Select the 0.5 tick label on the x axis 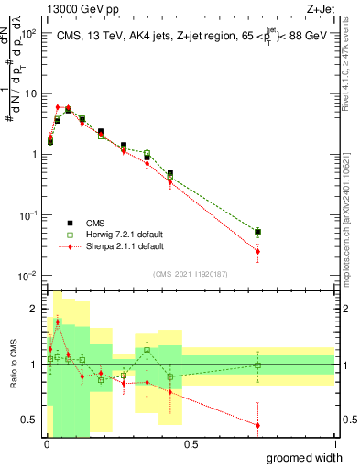(x=191, y=443)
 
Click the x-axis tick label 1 (x=334, y=443)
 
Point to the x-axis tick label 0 (x=47, y=443)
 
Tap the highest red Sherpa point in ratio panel (x=57, y=322)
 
